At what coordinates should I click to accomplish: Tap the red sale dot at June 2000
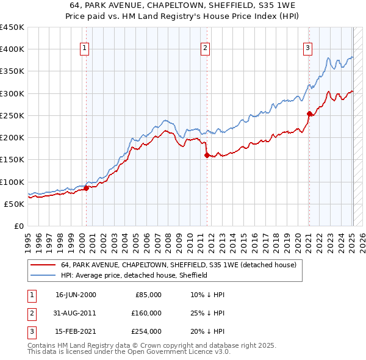[86, 188]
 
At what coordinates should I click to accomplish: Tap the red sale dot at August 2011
[207, 155]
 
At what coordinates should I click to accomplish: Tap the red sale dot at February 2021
[309, 113]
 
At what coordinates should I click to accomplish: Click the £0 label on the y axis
[19, 226]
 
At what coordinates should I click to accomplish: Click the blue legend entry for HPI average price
[134, 275]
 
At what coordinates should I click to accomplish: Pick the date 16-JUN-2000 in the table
[76, 294]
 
